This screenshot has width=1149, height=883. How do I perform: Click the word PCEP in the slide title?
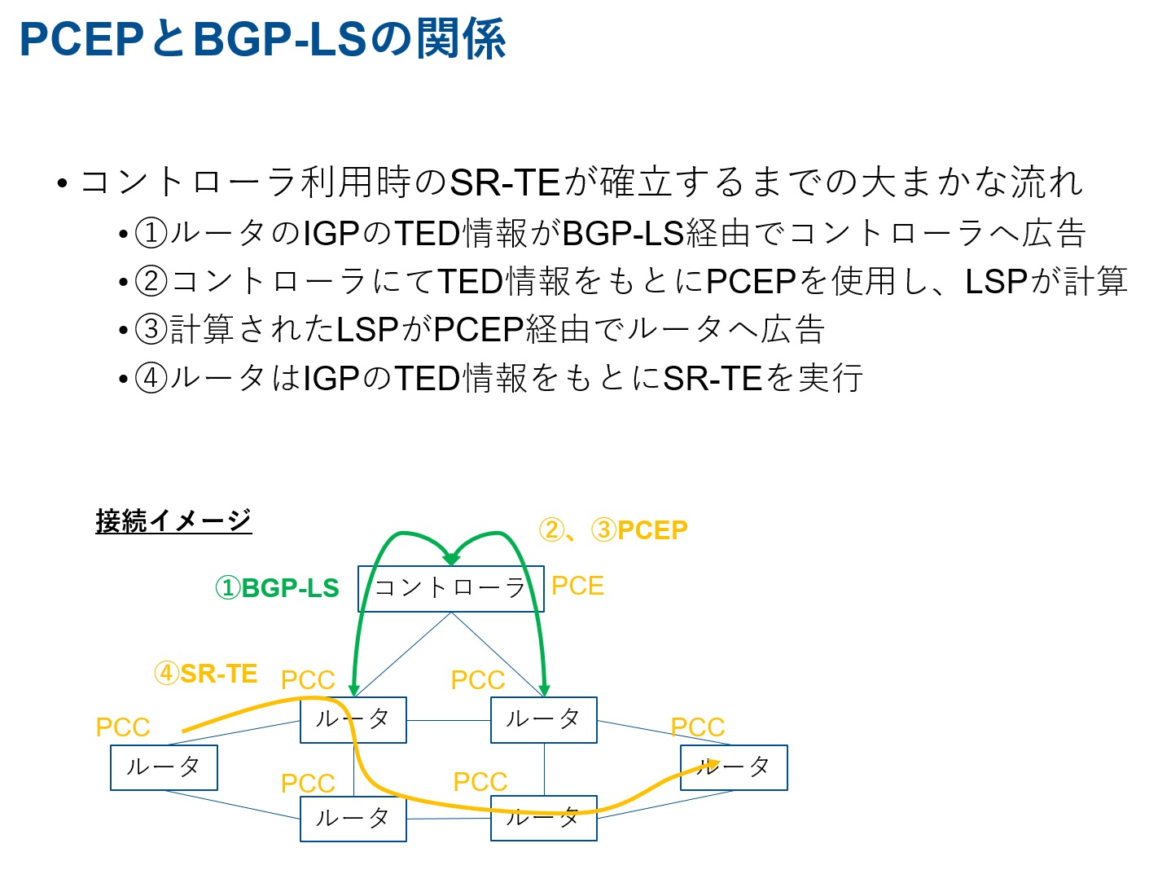(81, 39)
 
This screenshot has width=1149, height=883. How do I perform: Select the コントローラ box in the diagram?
(450, 588)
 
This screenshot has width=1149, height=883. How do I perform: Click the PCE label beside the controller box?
(577, 586)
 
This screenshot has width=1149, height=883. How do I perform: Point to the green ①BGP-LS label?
(277, 588)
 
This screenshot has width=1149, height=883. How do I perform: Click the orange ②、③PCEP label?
(613, 530)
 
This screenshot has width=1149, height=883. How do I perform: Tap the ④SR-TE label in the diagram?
(206, 674)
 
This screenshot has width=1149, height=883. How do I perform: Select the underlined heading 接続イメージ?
(173, 520)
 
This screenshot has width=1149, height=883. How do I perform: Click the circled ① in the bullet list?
(151, 234)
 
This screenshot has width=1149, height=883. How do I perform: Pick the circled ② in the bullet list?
(151, 282)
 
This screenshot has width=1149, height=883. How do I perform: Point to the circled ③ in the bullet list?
(151, 330)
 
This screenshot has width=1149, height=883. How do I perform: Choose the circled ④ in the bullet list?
(151, 378)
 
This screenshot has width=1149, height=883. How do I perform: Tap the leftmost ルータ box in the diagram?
(164, 767)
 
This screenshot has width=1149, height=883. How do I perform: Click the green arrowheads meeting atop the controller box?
(451, 559)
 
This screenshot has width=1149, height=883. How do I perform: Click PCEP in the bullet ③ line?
(478, 330)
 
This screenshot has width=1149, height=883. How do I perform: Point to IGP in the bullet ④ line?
(331, 378)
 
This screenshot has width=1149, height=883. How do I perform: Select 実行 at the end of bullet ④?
(831, 378)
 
